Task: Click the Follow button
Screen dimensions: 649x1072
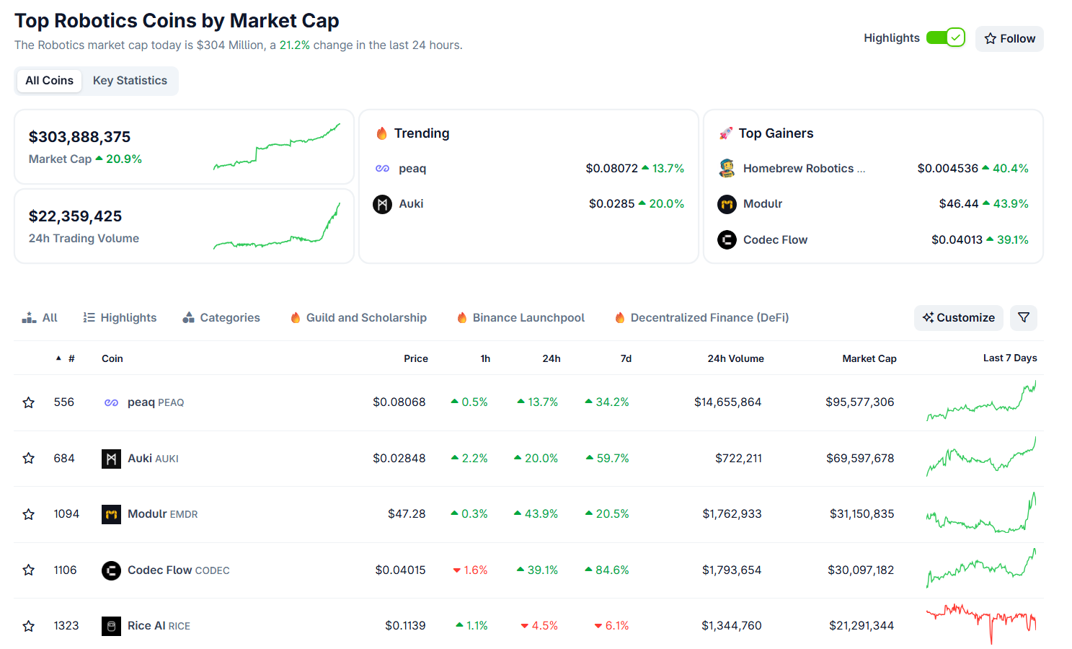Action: pos(1009,39)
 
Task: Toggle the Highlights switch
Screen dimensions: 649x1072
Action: pos(945,37)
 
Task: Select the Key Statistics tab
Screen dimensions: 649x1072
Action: pos(130,81)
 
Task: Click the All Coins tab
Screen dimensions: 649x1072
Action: pos(49,81)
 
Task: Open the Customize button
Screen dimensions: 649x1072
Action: pos(958,318)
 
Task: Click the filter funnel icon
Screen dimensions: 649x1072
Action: pos(1023,318)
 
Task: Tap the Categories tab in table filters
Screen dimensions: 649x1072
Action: pos(221,318)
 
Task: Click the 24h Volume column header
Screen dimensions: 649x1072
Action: pos(735,358)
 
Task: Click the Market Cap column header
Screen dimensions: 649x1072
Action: pos(869,358)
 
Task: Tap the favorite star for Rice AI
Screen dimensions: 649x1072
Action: pos(29,626)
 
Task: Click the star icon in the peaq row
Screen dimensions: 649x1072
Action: pos(29,402)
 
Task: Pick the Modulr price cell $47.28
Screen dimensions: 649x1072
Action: pos(407,514)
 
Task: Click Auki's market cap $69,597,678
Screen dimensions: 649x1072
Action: pos(860,459)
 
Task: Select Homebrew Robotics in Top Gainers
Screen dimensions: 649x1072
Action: pos(798,169)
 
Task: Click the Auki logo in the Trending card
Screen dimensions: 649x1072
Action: pos(382,204)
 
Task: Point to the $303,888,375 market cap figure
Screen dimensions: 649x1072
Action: pos(79,137)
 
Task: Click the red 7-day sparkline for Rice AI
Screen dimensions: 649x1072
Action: pos(981,622)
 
